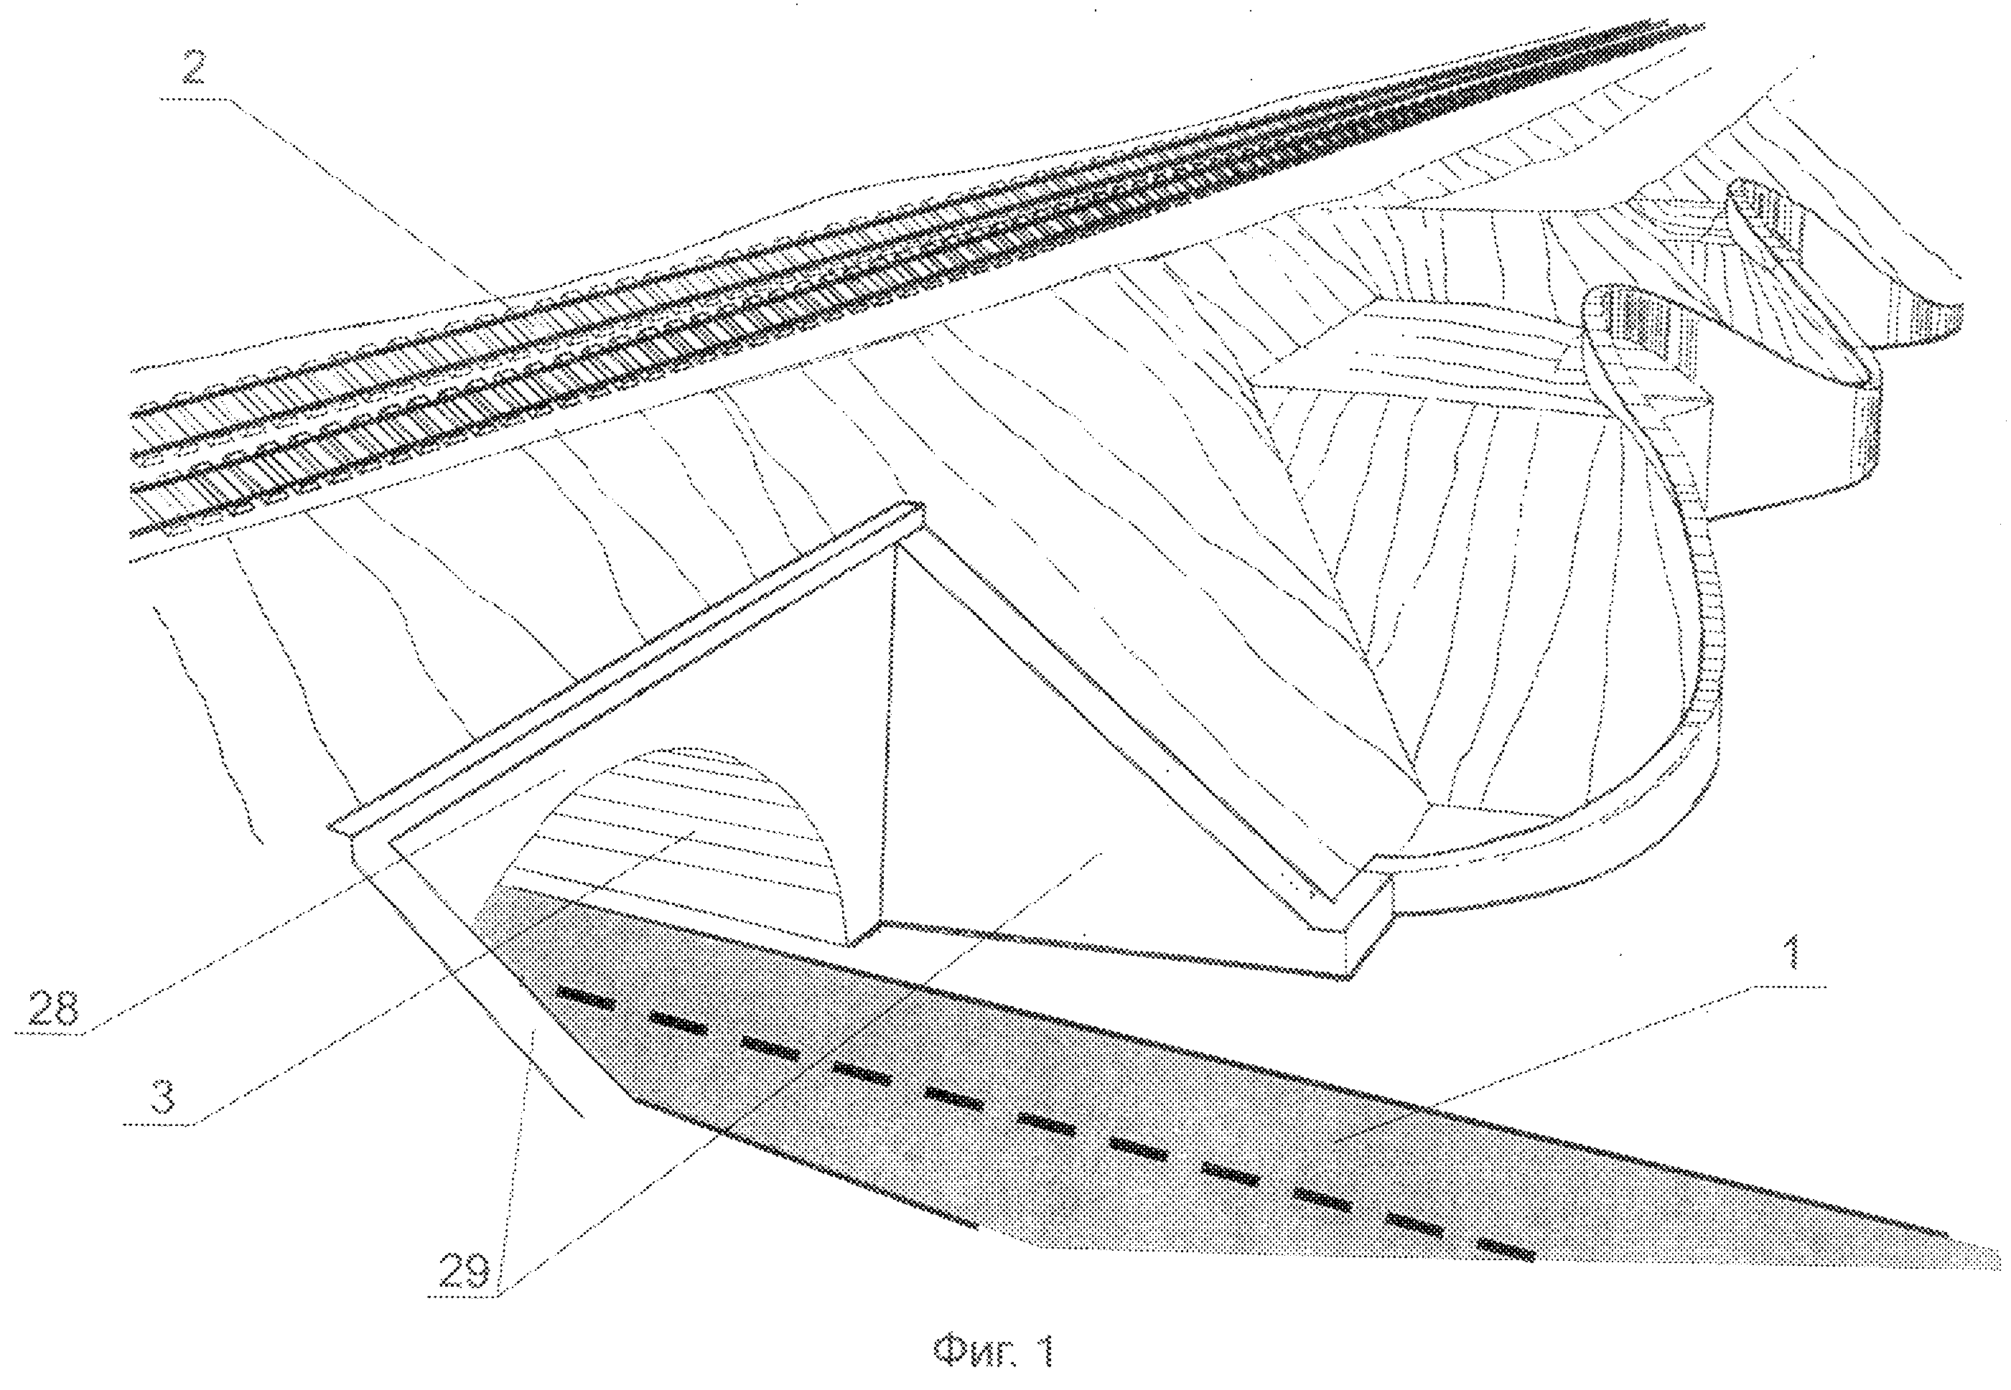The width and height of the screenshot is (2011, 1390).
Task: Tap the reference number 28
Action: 53,1008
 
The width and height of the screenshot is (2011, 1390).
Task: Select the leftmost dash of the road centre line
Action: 586,998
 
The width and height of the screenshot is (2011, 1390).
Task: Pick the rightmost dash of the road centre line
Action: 1506,1250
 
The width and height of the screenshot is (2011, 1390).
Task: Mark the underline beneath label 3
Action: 159,1124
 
